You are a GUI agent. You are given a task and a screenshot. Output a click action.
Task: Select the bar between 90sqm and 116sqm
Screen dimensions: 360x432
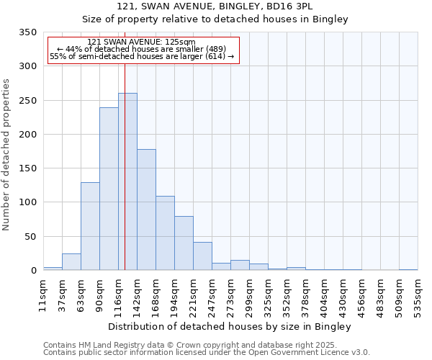click(x=109, y=189)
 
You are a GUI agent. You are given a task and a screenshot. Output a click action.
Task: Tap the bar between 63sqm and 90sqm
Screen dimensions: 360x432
click(x=90, y=226)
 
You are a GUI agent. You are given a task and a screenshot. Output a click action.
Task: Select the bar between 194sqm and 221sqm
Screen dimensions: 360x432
click(x=184, y=243)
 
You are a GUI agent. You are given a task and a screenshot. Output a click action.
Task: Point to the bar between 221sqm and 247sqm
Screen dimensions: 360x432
click(x=202, y=256)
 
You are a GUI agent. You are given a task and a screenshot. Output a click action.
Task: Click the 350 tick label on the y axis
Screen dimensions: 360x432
click(x=27, y=32)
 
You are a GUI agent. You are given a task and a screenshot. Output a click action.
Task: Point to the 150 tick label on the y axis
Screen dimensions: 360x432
click(x=27, y=168)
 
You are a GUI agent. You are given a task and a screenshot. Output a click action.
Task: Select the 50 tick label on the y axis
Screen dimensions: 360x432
click(x=30, y=236)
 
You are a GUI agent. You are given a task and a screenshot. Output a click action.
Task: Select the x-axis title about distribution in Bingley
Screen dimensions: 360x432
click(x=230, y=326)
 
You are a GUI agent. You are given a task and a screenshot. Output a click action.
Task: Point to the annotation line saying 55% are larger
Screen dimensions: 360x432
click(x=142, y=56)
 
